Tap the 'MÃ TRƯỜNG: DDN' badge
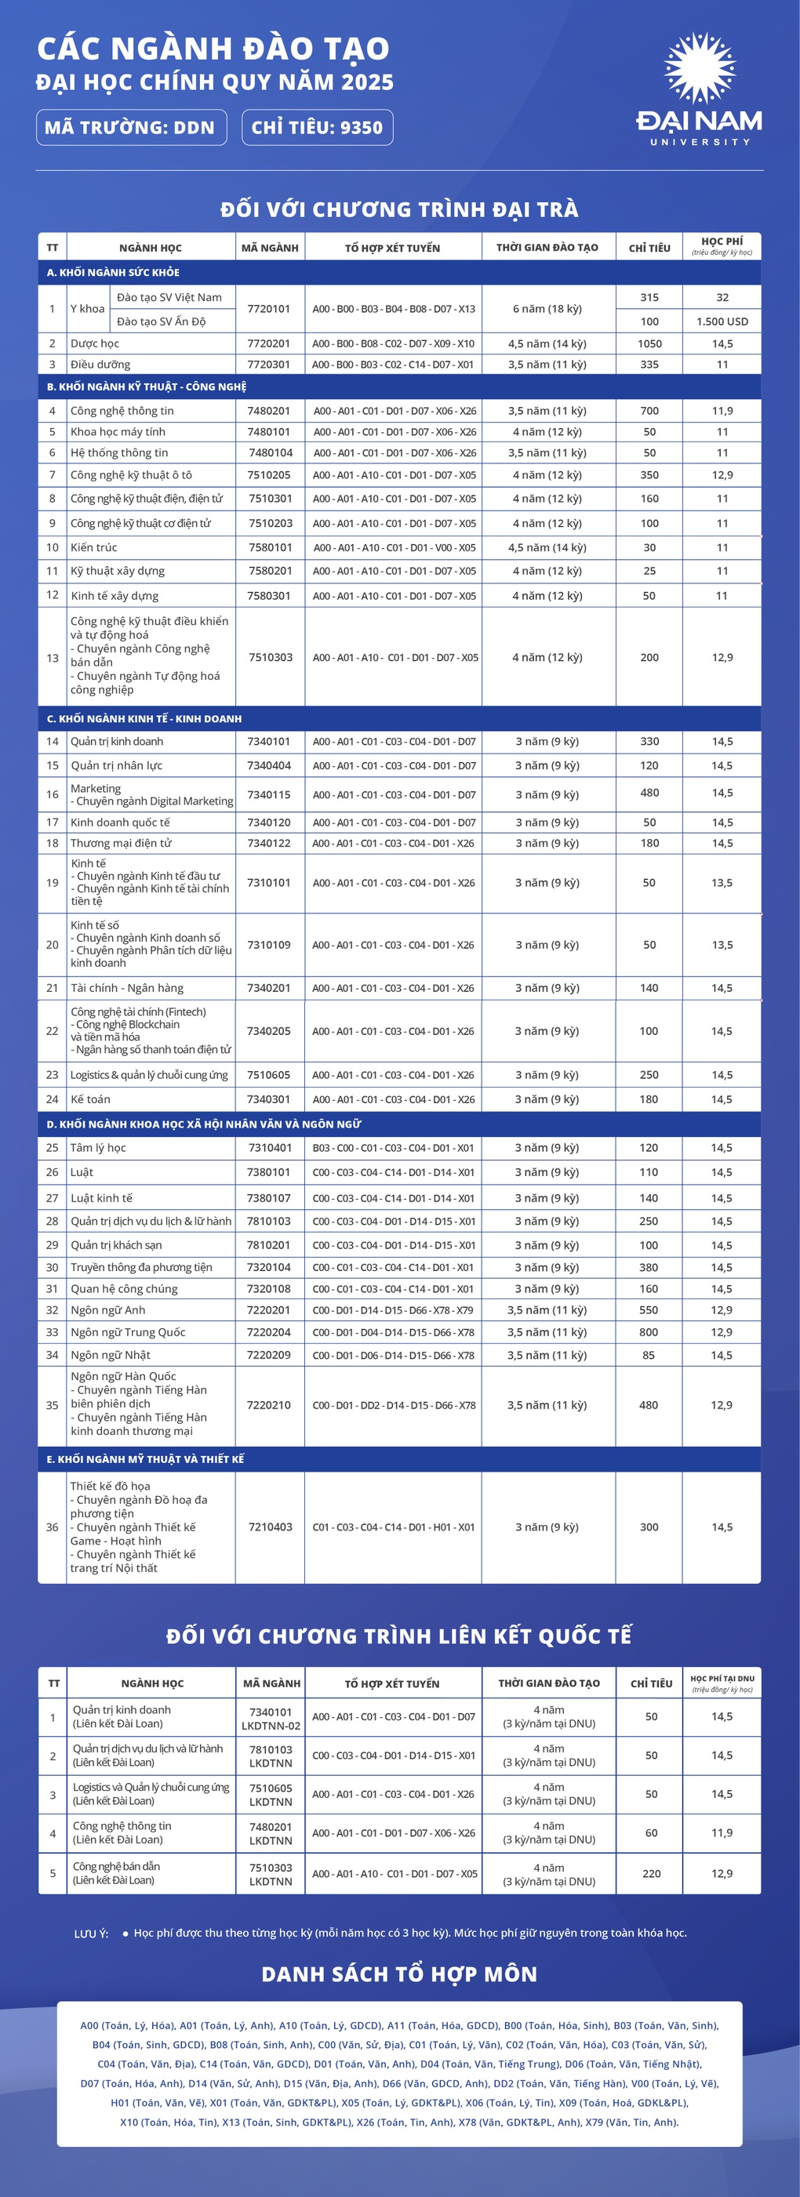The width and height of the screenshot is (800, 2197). pyautogui.click(x=130, y=128)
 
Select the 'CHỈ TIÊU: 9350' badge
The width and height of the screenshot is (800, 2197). pyautogui.click(x=318, y=128)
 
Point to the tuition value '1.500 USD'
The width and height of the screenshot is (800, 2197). pyautogui.click(x=722, y=321)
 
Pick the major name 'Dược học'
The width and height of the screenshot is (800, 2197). pyautogui.click(x=95, y=343)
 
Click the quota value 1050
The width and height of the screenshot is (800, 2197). pyautogui.click(x=649, y=343)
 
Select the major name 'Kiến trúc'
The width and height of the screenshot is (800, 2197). pyautogui.click(x=94, y=547)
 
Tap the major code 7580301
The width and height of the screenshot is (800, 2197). pyautogui.click(x=269, y=596)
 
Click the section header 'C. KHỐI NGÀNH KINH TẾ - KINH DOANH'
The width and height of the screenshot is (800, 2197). pyautogui.click(x=144, y=719)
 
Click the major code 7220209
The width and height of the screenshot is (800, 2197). pyautogui.click(x=269, y=1355)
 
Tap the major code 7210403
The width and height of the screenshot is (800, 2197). pyautogui.click(x=270, y=1527)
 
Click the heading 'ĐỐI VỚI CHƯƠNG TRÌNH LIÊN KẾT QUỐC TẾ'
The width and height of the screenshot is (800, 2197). pyautogui.click(x=399, y=1636)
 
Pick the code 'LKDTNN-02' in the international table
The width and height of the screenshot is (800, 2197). pyautogui.click(x=271, y=1725)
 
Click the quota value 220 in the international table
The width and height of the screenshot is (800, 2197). pyautogui.click(x=651, y=1874)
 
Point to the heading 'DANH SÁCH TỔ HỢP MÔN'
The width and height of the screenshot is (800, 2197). pyautogui.click(x=399, y=1974)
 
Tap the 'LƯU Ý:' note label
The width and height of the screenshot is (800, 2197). pyautogui.click(x=91, y=1934)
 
